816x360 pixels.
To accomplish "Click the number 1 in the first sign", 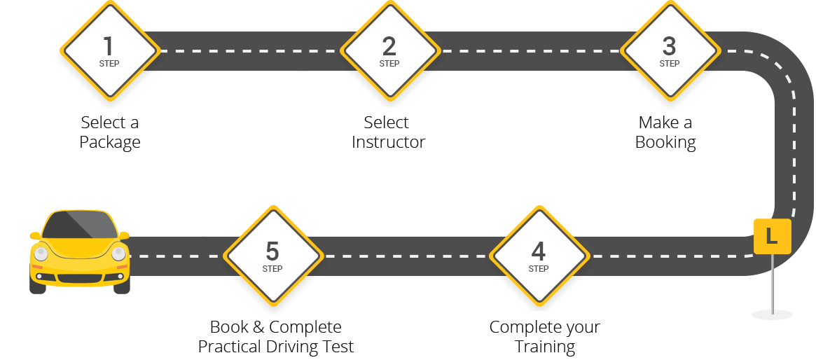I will coord(108,46).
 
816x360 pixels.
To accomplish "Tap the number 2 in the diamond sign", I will coord(389,46).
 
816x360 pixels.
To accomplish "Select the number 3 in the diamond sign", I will coord(669,46).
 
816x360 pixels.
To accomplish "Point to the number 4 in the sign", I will coord(538,251).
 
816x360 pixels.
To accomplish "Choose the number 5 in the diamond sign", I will coord(272,251).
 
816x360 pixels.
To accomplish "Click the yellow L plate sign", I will coord(772,236).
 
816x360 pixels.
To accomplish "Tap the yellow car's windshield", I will coord(78,224).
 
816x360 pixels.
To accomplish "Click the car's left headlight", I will coord(41,254).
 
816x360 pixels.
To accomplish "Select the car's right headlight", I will coord(118,254).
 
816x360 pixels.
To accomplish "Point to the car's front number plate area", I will coord(79,278).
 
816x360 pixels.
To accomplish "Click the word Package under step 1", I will coord(110,142).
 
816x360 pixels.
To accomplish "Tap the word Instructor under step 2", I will coord(389,142).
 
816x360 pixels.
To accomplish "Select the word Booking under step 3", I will coord(665,142).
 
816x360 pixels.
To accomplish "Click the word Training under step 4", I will coord(544,347).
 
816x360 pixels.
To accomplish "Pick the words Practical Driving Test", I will coord(276,347).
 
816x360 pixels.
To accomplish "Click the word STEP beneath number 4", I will coord(538,269).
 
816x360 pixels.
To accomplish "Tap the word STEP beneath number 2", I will coord(389,64).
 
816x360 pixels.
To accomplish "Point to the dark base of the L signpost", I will coord(772,314).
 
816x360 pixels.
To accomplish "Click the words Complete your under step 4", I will coord(544,327).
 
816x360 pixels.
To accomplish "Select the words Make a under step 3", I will coord(666,123).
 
